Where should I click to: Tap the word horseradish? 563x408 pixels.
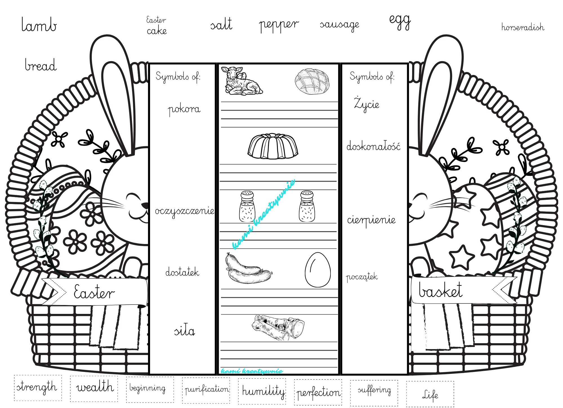[522, 27]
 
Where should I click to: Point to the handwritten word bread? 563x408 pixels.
[41, 65]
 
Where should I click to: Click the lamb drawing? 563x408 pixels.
[242, 81]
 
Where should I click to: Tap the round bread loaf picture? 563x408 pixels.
[312, 81]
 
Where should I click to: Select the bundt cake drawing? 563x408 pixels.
[273, 146]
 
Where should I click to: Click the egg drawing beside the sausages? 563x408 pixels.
[318, 270]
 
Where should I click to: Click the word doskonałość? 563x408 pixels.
[373, 146]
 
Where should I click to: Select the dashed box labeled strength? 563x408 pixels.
[38, 388]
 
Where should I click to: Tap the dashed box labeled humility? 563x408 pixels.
[262, 391]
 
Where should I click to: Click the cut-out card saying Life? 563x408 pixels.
[430, 394]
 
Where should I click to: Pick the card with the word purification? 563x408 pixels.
[206, 390]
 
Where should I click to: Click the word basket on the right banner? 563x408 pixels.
[441, 290]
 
